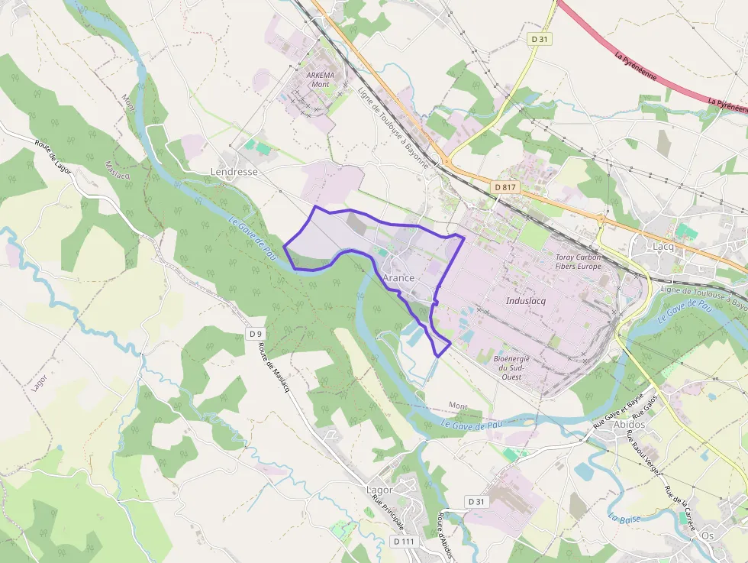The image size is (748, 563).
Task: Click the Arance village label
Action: [398, 278]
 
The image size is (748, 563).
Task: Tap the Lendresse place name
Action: [234, 172]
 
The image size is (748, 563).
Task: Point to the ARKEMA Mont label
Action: [320, 79]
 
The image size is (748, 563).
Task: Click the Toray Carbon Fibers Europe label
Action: [579, 262]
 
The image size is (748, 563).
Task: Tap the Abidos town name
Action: [629, 425]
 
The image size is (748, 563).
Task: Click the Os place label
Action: [708, 535]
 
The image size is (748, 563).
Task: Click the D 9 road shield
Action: [256, 334]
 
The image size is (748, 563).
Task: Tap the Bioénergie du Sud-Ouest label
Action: [511, 367]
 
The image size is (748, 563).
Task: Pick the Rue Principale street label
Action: [388, 513]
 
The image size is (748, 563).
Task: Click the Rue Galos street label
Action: [645, 406]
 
